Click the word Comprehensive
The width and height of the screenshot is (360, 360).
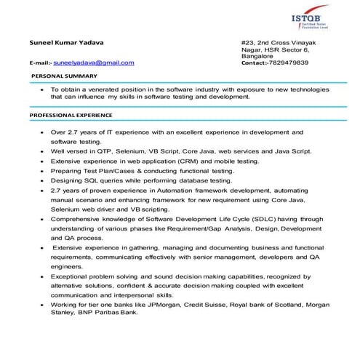tap(76, 218)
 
